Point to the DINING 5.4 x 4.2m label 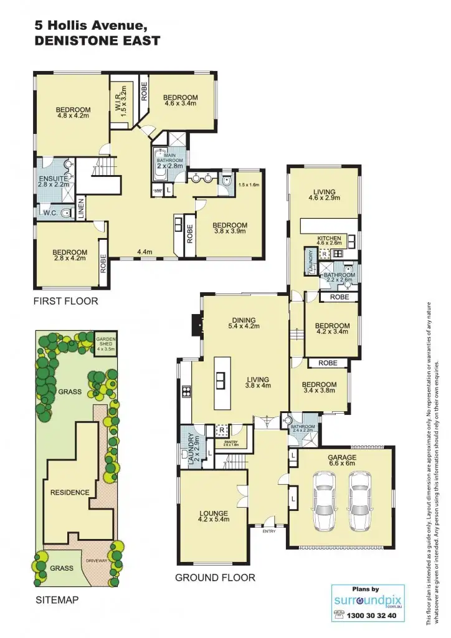pyautogui.click(x=242, y=322)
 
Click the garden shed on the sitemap pyautogui.click(x=105, y=343)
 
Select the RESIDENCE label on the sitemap pyautogui.click(x=70, y=492)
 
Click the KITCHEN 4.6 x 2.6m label pyautogui.click(x=330, y=241)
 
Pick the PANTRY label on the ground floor pyautogui.click(x=230, y=443)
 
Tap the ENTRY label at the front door pyautogui.click(x=268, y=531)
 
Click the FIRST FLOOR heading pyautogui.click(x=66, y=301)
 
